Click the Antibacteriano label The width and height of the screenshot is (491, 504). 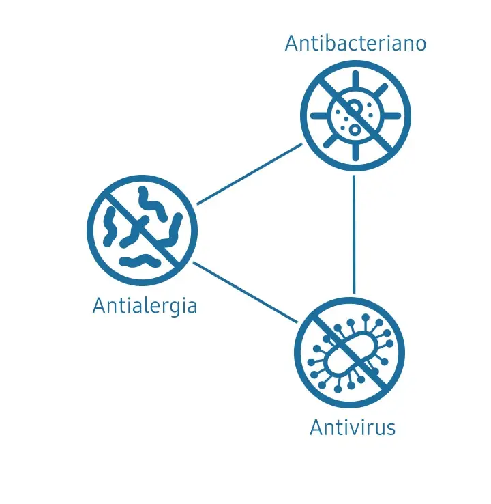click(355, 43)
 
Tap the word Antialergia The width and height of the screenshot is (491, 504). click(145, 306)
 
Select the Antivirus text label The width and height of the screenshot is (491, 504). click(353, 428)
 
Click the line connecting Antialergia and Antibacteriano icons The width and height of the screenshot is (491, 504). click(250, 174)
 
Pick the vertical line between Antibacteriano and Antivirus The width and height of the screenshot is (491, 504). click(354, 234)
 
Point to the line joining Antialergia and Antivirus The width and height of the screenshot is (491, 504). click(245, 292)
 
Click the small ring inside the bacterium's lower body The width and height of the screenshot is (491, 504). click(355, 130)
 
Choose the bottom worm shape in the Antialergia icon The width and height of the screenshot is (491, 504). click(140, 261)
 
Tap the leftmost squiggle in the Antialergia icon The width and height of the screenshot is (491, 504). click(109, 227)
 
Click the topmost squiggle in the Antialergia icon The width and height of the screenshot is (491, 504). click(152, 204)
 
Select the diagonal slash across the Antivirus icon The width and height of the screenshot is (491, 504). click(349, 352)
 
